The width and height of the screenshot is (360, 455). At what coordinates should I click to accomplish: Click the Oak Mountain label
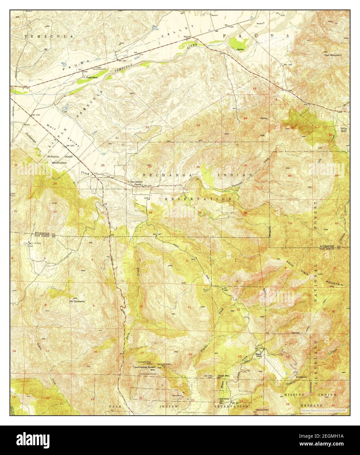[333, 55]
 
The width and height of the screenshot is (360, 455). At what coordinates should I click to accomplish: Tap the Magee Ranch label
[260, 355]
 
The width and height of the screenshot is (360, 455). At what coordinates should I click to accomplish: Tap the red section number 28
[102, 165]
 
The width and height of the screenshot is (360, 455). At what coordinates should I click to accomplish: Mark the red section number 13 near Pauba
[254, 89]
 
